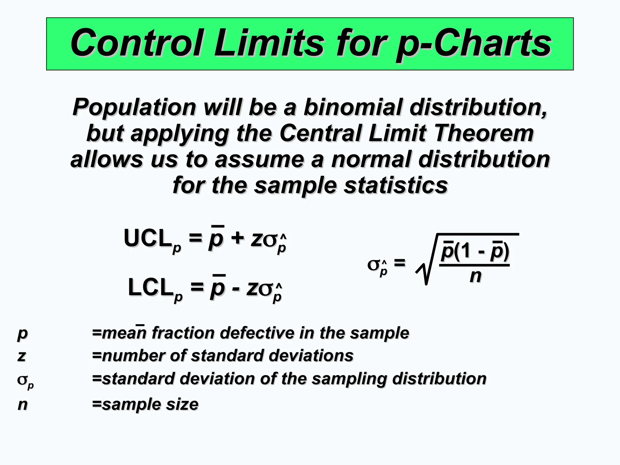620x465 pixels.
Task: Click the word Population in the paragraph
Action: coord(134,107)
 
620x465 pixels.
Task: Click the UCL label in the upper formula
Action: coord(147,238)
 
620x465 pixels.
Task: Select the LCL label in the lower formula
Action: coord(150,288)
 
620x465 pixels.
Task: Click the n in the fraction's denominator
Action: coord(475,276)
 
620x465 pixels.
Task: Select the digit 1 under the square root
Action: coord(467,251)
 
